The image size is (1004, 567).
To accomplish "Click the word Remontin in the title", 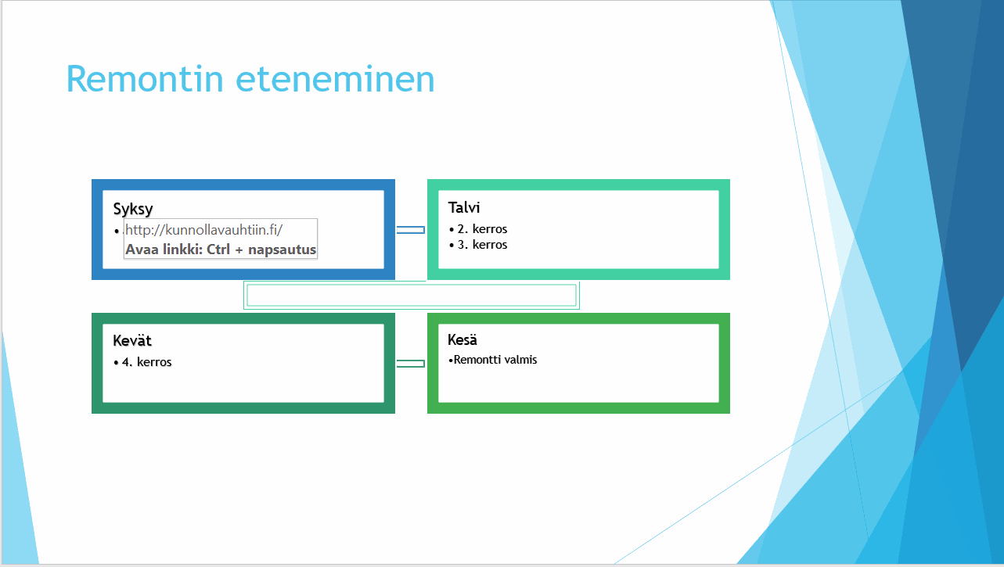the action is click(145, 79).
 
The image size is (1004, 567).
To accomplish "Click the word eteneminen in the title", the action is click(335, 79).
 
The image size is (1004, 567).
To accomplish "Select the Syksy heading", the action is click(133, 209).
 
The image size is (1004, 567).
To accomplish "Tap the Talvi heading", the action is click(464, 207).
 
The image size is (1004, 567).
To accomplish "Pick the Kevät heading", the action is click(132, 340).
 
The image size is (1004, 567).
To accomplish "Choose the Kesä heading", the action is click(462, 339).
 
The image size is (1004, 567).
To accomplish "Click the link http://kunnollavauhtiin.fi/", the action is click(204, 230).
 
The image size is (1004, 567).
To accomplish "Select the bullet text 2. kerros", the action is click(482, 229).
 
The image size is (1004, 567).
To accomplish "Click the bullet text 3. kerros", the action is click(482, 245).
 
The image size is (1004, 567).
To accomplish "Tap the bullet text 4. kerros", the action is click(146, 362).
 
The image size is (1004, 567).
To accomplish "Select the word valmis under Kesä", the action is click(523, 360).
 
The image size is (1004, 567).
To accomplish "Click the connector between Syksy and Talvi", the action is click(411, 230).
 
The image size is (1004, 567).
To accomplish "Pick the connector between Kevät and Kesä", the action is click(411, 364).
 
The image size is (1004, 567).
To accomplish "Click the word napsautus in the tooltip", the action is click(282, 250).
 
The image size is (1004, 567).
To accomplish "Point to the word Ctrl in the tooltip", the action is click(218, 249).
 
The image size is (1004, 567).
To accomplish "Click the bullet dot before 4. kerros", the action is click(116, 362).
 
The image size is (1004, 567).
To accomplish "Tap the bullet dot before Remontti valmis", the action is click(451, 360).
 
